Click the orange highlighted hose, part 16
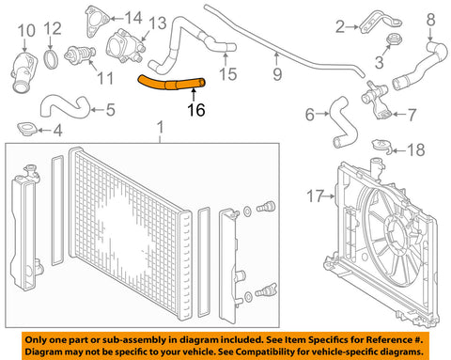[171, 84]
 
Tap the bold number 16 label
[196, 110]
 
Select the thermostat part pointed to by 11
[80, 55]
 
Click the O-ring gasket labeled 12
[51, 58]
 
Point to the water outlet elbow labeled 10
[23, 72]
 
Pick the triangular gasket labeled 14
[96, 21]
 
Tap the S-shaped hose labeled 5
[65, 106]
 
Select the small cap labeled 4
[27, 130]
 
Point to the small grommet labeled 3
[394, 39]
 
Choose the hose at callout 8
[420, 67]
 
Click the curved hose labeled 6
[344, 122]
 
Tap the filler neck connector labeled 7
[376, 101]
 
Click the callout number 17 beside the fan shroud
[315, 196]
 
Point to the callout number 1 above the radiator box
[160, 128]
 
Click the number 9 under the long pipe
[277, 74]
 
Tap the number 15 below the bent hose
[227, 74]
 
